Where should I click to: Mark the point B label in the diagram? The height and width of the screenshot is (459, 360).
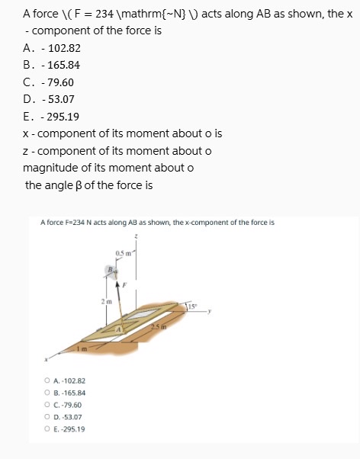pyautogui.click(x=111, y=268)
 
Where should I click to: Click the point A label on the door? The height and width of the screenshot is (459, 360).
pyautogui.click(x=118, y=329)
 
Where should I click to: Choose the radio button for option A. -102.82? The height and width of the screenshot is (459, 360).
pyautogui.click(x=48, y=380)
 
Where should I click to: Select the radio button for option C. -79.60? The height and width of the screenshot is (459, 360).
pyautogui.click(x=48, y=406)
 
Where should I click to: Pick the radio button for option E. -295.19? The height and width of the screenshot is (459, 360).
pyautogui.click(x=48, y=429)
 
